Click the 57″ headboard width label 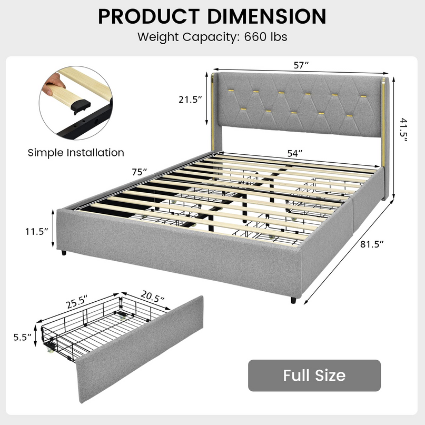coord(301,65)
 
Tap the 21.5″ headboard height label coord(190,100)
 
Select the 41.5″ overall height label coord(403,130)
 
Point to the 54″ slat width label coord(294,153)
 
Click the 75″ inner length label coord(140,172)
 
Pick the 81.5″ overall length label coord(372,244)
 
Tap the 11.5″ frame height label coord(36,232)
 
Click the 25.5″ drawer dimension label coord(77,302)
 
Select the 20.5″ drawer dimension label coord(152,297)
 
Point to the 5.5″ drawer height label coord(23,337)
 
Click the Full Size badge coord(314,375)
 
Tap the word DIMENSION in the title coord(266,16)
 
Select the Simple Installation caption coord(76,153)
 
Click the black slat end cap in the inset coord(81,106)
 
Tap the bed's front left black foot coord(64,253)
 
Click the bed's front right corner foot coord(293,300)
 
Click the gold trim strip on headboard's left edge coord(213,112)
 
